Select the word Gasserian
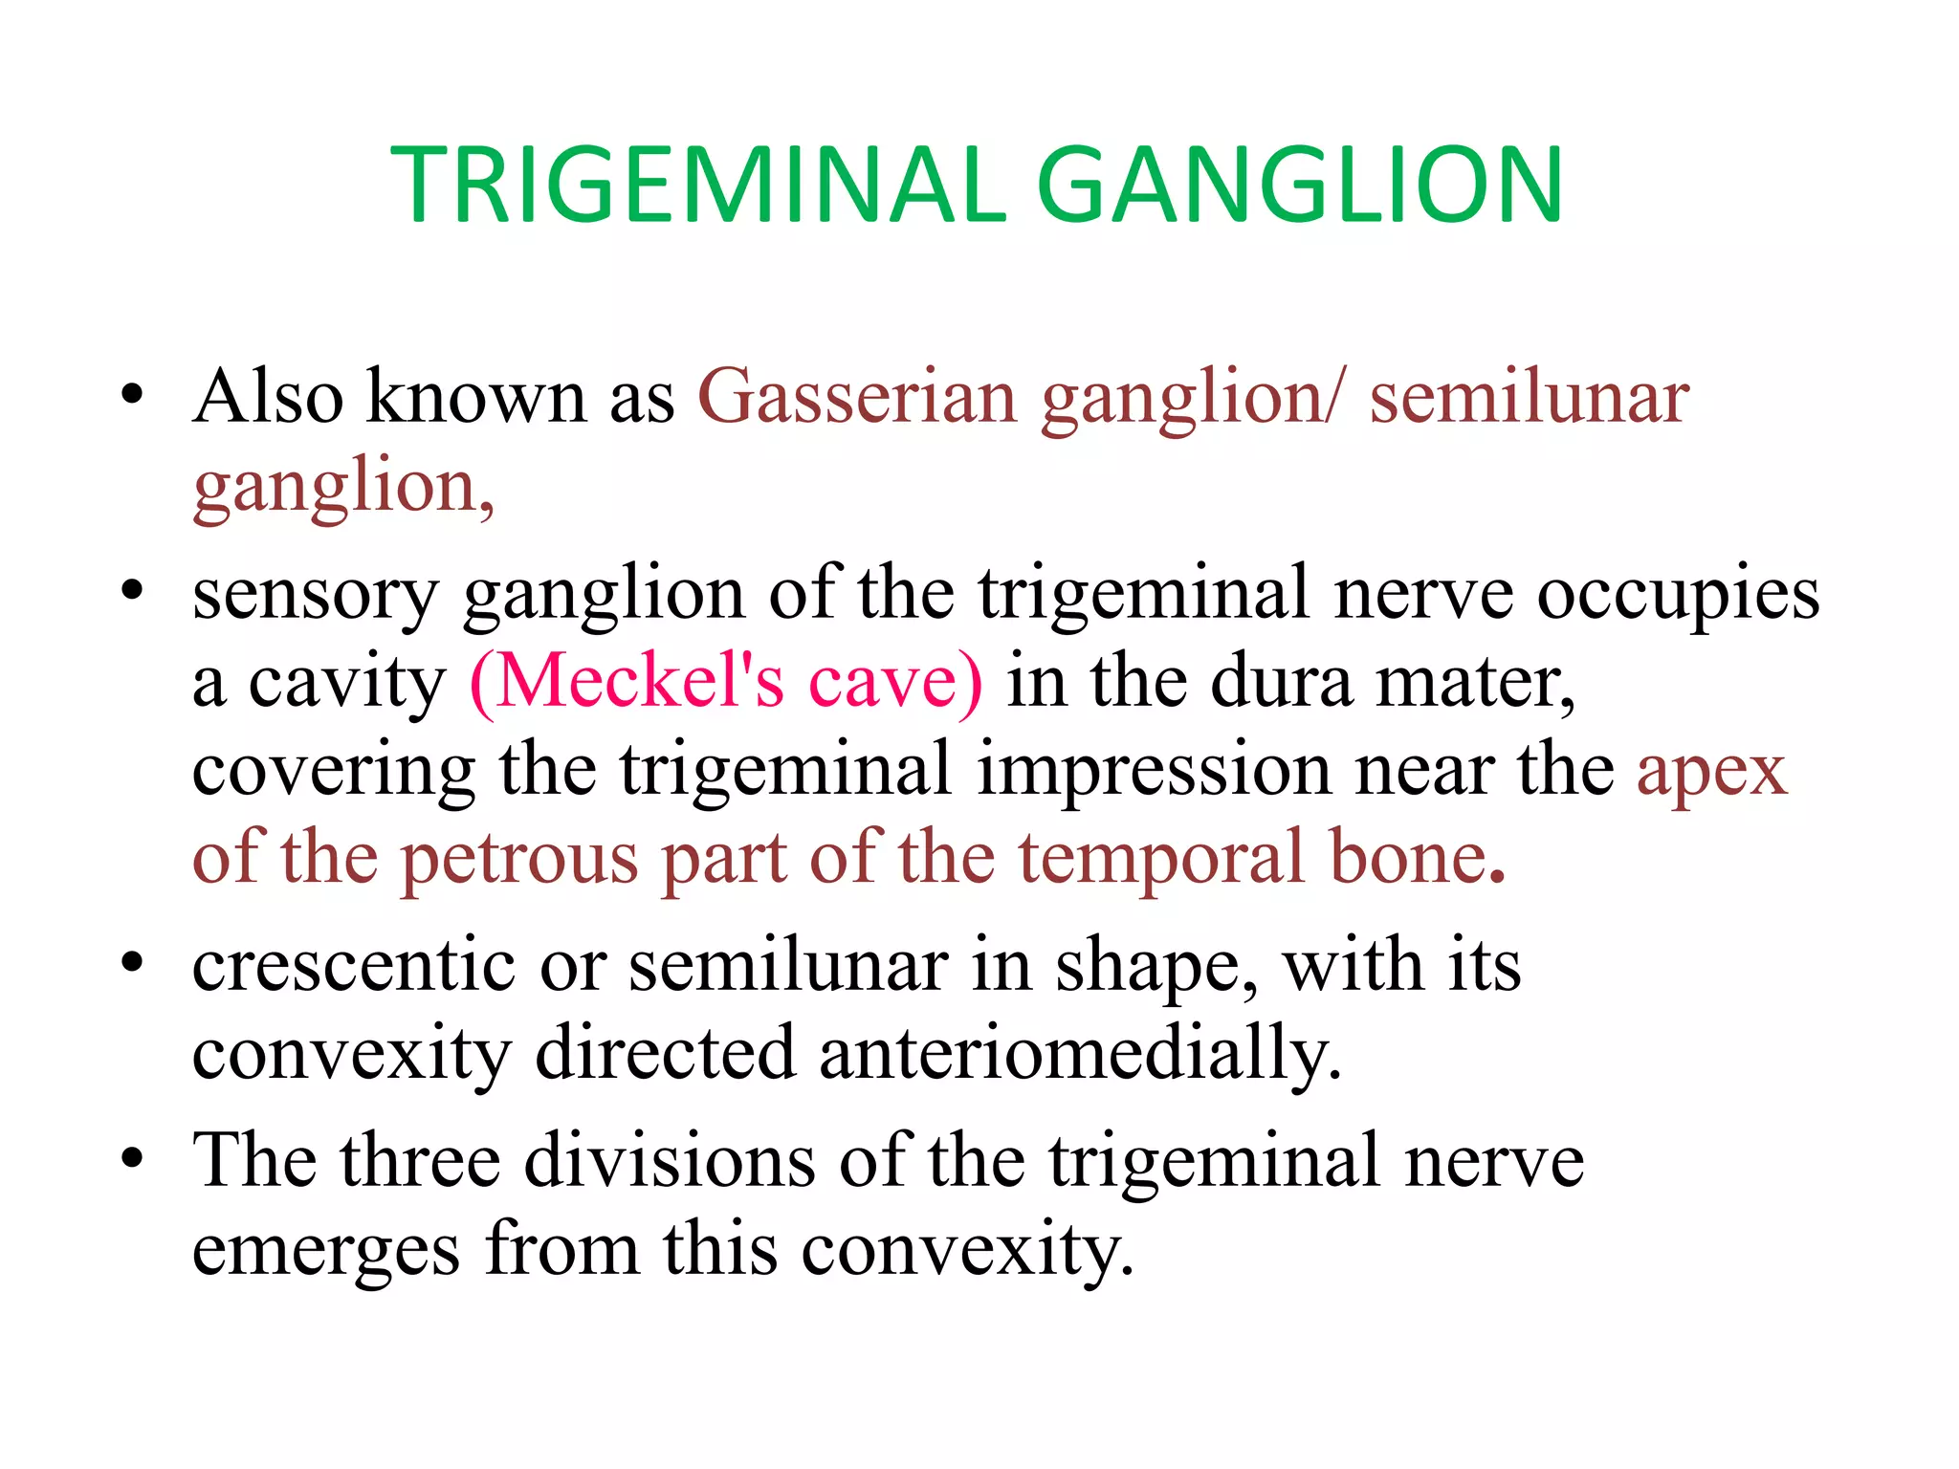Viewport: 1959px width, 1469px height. (x=857, y=397)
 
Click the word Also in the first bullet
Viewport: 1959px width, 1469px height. (x=268, y=397)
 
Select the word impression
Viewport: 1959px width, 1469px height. (x=1154, y=769)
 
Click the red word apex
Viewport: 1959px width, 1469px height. (x=1711, y=771)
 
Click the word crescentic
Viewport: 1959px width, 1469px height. (x=354, y=966)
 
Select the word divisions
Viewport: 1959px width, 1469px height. (x=670, y=1161)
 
